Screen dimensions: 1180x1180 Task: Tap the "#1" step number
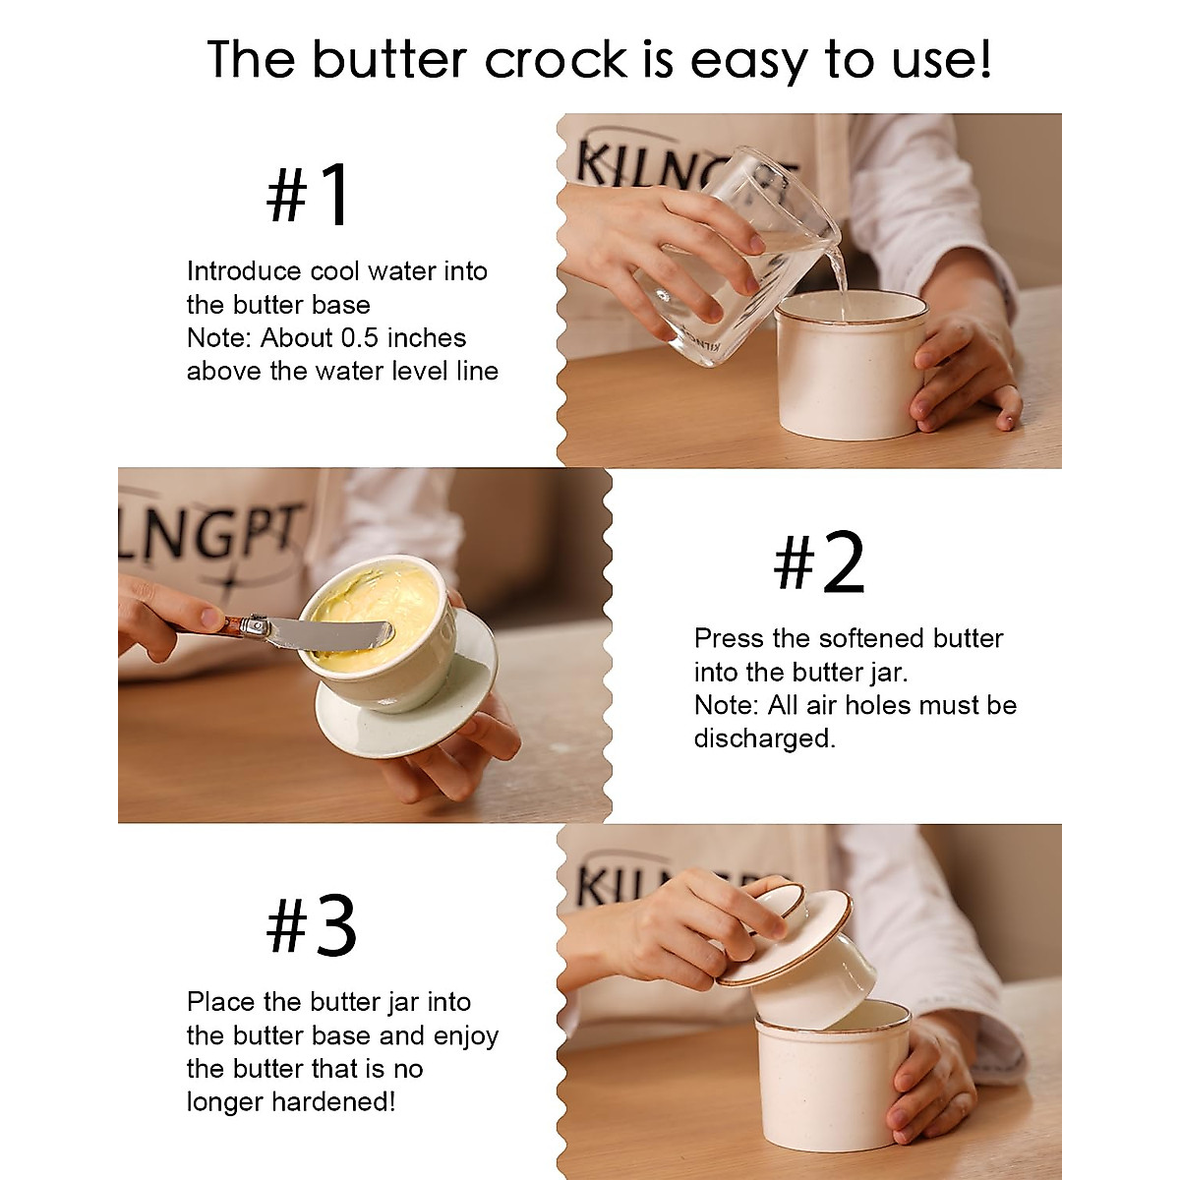(309, 196)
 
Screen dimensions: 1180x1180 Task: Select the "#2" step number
(819, 563)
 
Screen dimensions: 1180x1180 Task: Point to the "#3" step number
(312, 927)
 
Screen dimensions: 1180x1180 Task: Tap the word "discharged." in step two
(764, 738)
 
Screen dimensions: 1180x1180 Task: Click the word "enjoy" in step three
(466, 1035)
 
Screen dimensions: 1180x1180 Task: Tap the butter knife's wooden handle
(233, 623)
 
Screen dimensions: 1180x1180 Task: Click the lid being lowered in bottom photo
(787, 939)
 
